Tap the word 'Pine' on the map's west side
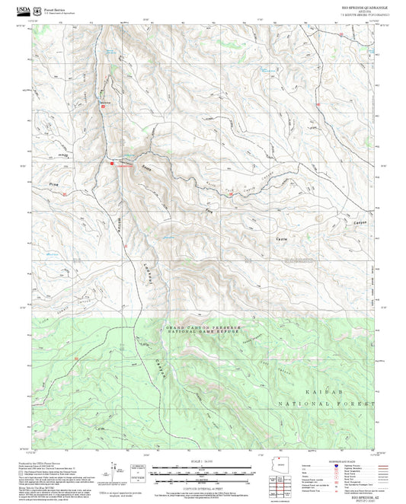(x=52, y=184)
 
